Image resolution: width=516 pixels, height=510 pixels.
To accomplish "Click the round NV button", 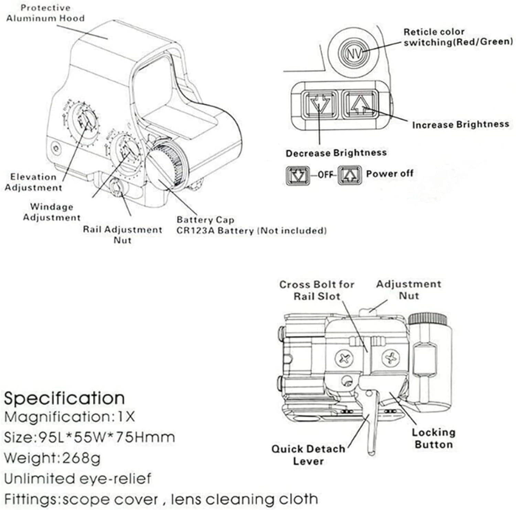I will coord(354,54).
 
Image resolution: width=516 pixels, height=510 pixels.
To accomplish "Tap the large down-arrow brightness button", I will coord(320,104).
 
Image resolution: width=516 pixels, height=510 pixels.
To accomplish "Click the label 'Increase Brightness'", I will coord(460,125).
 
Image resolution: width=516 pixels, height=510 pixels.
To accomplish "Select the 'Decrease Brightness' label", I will coord(336,153).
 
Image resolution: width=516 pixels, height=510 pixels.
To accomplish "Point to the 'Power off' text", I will coord(389,173).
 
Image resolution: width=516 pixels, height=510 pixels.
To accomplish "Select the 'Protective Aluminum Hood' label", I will coord(45,13).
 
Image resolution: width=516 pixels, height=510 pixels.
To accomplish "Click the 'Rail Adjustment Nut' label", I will coord(122,235).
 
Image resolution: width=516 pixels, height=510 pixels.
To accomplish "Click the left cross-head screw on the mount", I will coord(344,359).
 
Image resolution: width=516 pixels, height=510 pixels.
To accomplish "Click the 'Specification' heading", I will coord(64,398).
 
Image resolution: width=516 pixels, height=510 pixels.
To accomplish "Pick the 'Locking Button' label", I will coord(433,438).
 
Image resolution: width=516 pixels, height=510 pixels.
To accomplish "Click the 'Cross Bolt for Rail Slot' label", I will coord(316,290).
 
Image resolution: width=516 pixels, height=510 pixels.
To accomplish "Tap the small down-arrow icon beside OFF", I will coord(298,175).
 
